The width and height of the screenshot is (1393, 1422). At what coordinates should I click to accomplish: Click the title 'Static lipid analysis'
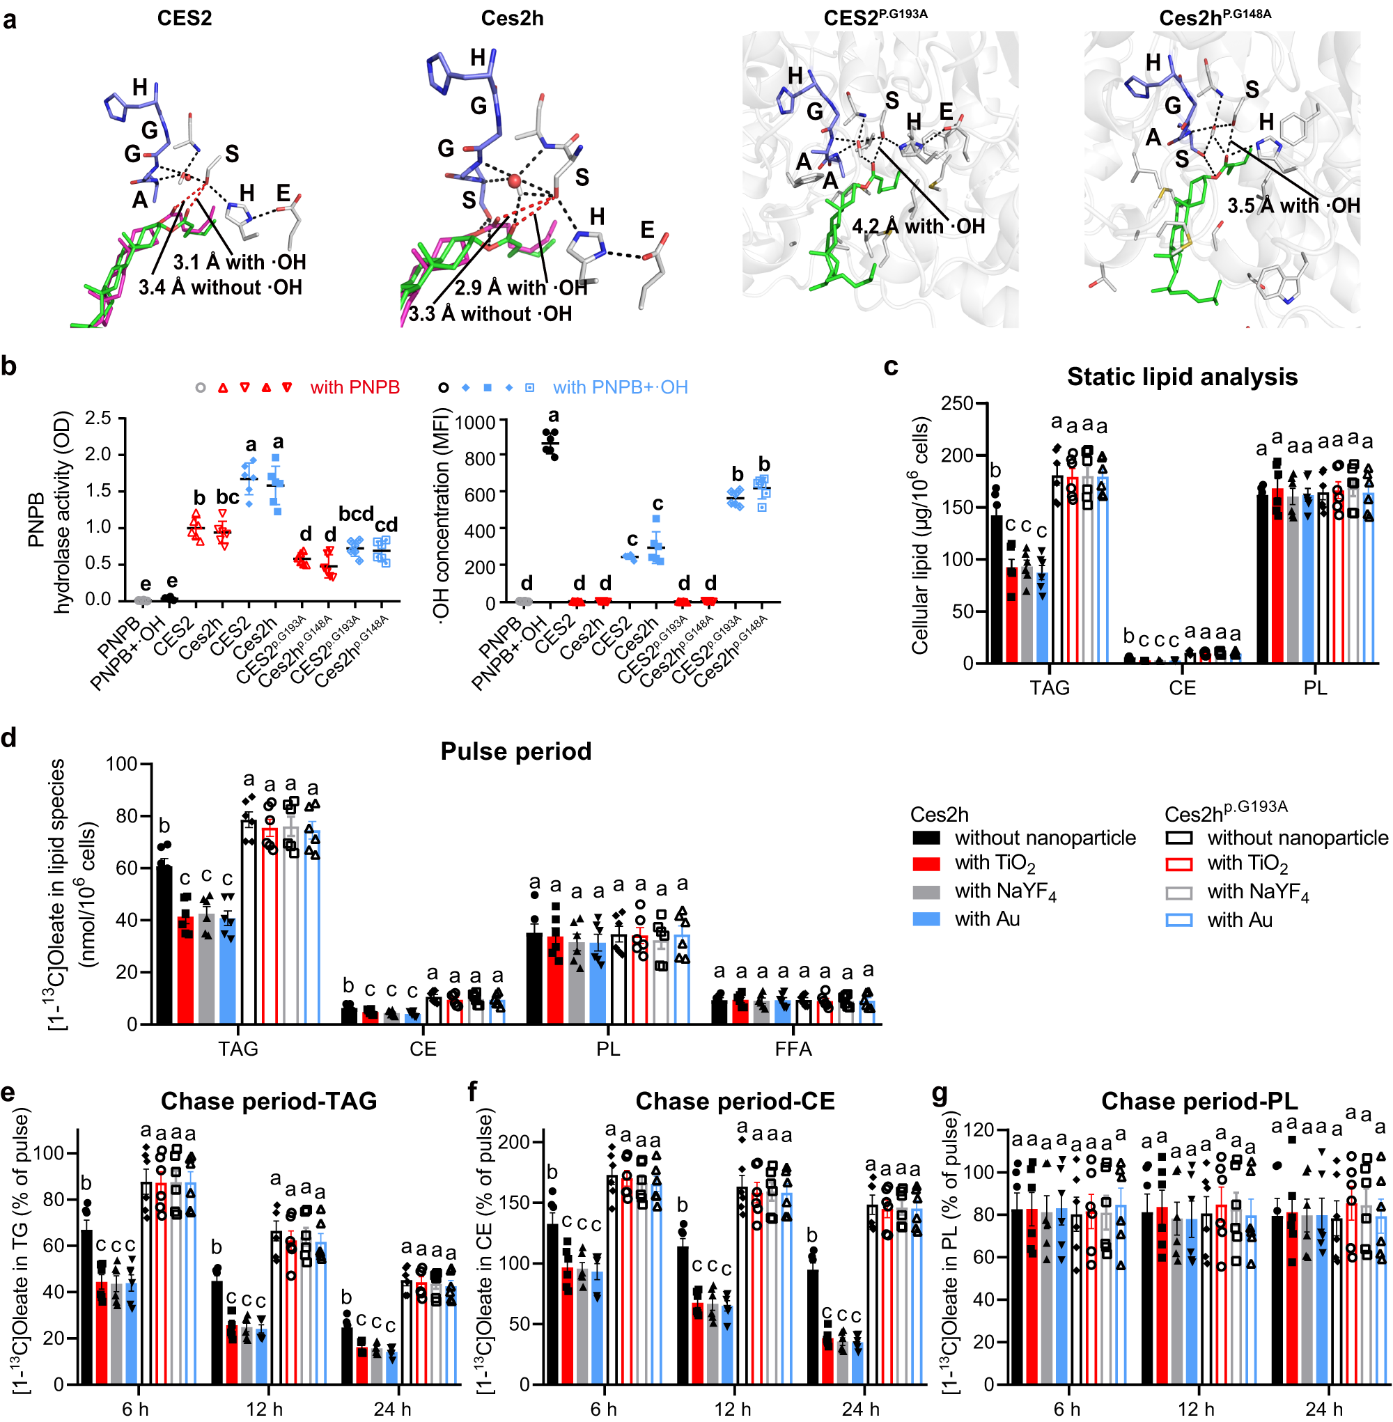(1181, 377)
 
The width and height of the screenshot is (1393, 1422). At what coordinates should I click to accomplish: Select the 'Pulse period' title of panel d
(516, 751)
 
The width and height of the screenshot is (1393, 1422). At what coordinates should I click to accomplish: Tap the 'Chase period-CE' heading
(735, 1101)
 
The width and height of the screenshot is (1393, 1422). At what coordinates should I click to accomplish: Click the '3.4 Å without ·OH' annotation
(220, 288)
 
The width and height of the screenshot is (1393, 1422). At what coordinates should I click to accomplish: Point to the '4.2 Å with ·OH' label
(918, 227)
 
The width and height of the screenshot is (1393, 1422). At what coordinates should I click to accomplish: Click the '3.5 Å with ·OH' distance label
(1293, 206)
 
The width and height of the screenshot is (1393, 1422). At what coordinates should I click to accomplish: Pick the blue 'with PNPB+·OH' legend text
(620, 388)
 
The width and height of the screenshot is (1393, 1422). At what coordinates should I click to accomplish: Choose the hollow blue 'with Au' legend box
(1178, 920)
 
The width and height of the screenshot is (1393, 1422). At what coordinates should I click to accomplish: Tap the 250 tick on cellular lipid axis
(957, 404)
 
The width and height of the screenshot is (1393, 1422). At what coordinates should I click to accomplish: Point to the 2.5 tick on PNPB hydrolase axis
(98, 419)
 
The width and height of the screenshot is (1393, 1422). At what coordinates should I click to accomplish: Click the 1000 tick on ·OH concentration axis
(476, 423)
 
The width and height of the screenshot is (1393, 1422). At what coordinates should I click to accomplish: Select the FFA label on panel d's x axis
(793, 1049)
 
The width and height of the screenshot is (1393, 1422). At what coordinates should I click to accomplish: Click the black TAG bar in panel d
(164, 944)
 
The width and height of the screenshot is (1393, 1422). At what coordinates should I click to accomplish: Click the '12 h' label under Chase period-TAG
(264, 1409)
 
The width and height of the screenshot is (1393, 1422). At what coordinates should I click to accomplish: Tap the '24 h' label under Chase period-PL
(1323, 1409)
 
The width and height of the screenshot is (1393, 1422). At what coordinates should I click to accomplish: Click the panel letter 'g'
(940, 1094)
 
